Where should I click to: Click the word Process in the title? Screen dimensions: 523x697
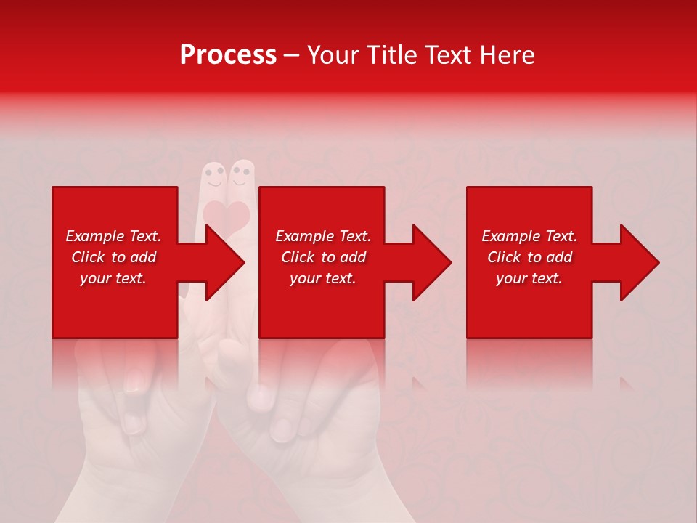click(228, 55)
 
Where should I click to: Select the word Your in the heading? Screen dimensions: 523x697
click(332, 55)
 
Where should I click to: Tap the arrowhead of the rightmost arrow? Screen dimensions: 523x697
click(639, 262)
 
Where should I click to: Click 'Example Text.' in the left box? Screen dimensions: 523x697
click(113, 236)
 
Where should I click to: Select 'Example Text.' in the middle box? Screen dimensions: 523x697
click(323, 236)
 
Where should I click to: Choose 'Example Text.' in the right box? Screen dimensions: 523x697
click(529, 236)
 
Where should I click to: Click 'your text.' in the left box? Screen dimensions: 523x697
click(113, 278)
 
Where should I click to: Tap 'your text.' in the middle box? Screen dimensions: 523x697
click(323, 278)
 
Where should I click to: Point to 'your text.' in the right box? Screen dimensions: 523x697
click(529, 278)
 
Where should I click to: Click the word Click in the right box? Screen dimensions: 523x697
click(504, 257)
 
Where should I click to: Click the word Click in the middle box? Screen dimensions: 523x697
click(298, 257)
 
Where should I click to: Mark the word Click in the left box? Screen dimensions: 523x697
click(88, 257)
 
